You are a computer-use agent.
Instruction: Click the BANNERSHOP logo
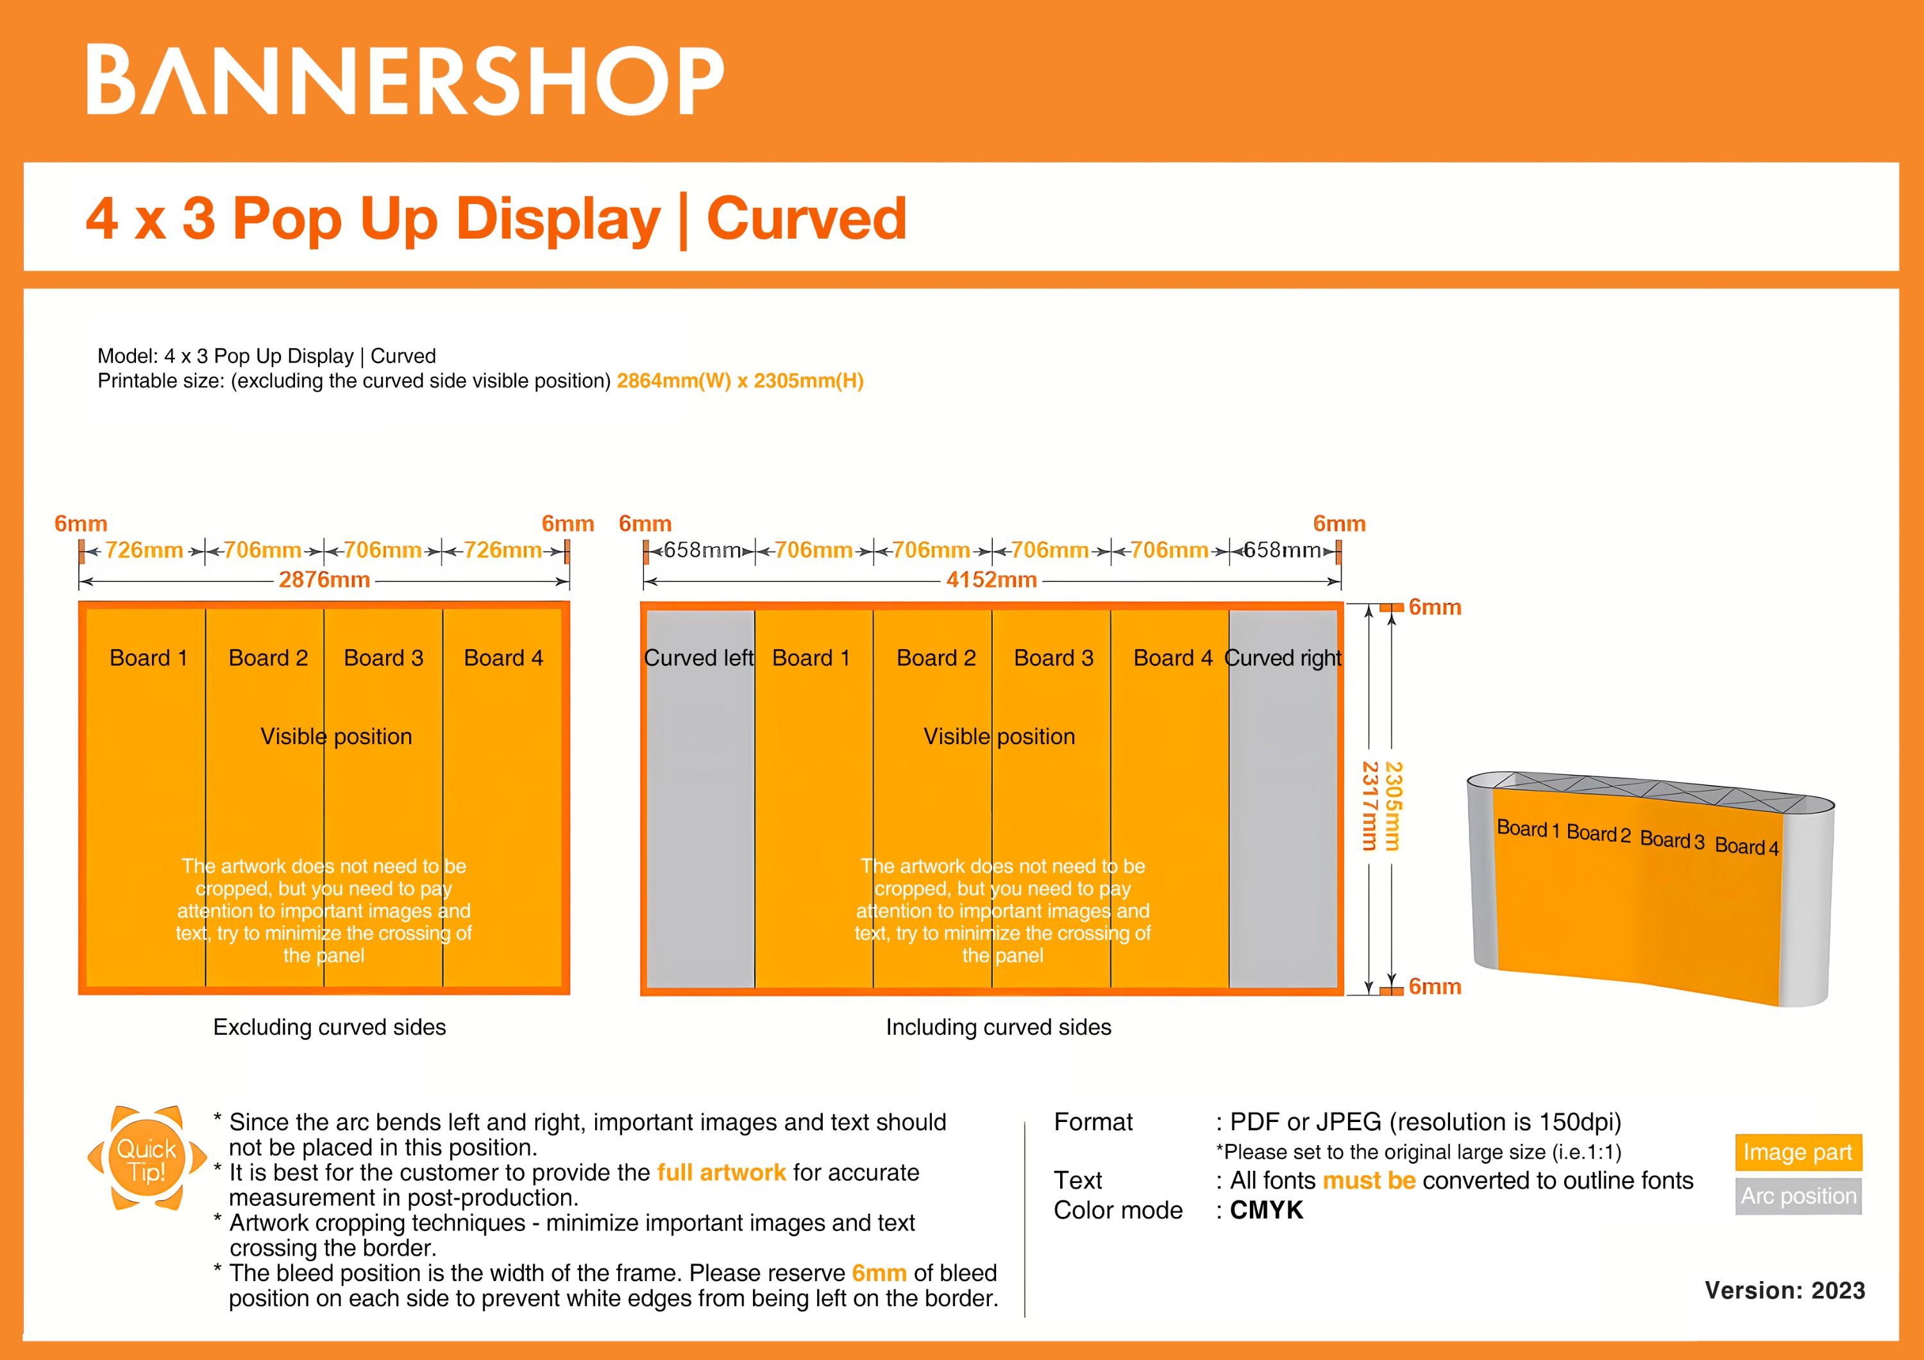pyautogui.click(x=405, y=80)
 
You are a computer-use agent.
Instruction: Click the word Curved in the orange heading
pyautogui.click(x=806, y=219)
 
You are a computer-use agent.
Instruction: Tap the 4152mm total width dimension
pyautogui.click(x=992, y=580)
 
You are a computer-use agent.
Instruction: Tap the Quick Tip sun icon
pyautogui.click(x=147, y=1160)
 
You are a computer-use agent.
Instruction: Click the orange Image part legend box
pyautogui.click(x=1798, y=1152)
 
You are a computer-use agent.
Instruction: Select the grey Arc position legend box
pyautogui.click(x=1798, y=1196)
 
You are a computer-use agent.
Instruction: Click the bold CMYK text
pyautogui.click(x=1266, y=1210)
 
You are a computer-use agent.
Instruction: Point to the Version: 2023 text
pyautogui.click(x=1785, y=1291)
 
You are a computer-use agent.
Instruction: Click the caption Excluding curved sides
pyautogui.click(x=330, y=1027)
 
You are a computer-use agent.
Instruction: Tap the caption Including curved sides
pyautogui.click(x=998, y=1027)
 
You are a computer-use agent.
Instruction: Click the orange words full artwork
pyautogui.click(x=721, y=1172)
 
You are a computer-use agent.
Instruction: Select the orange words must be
pyautogui.click(x=1369, y=1180)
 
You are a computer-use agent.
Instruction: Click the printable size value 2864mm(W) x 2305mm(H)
pyautogui.click(x=740, y=381)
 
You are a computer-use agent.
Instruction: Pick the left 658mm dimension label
pyautogui.click(x=702, y=550)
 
